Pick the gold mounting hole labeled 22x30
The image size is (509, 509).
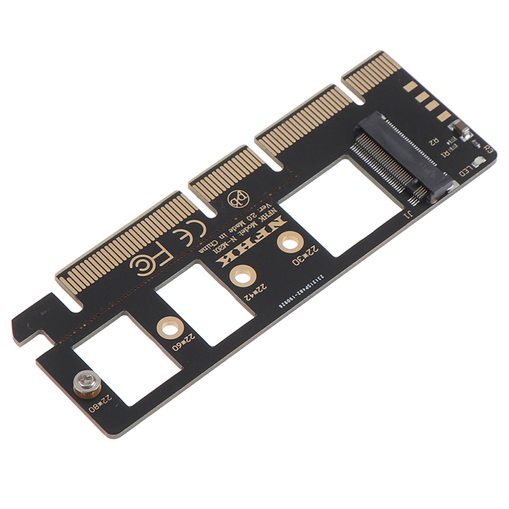[291, 243]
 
